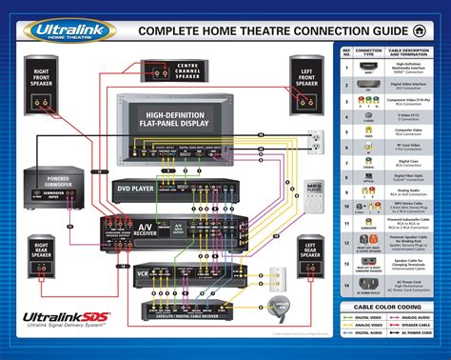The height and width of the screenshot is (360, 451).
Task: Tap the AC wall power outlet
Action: point(313,139)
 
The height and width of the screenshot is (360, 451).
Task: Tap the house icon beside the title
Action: point(434,30)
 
